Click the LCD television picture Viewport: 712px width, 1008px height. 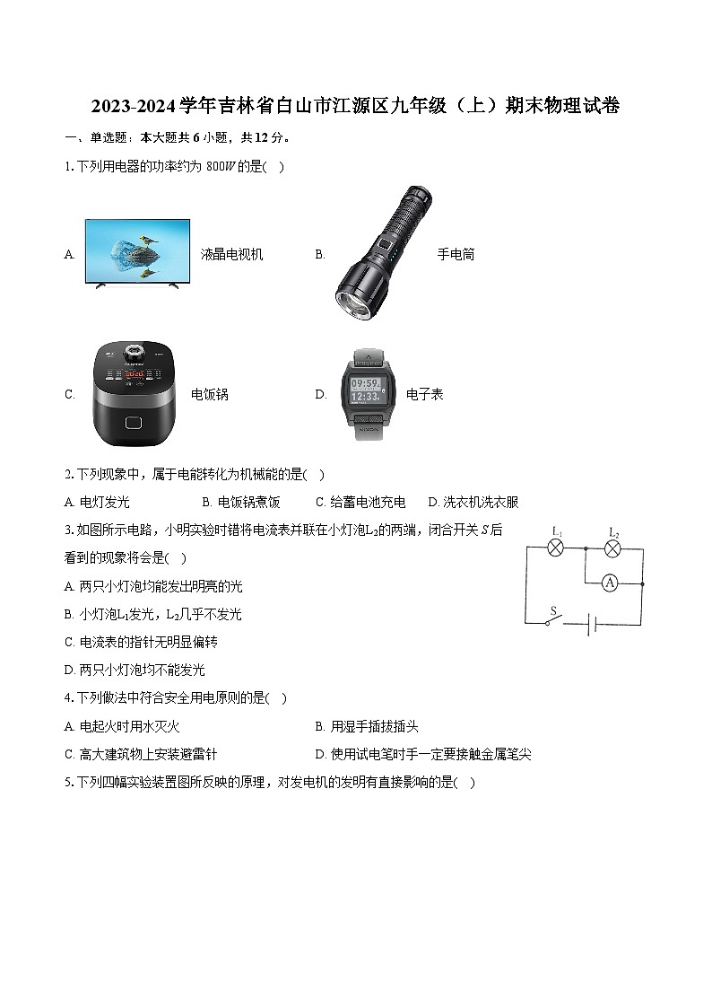click(137, 253)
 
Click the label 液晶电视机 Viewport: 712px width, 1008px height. click(232, 255)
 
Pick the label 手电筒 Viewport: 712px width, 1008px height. click(456, 255)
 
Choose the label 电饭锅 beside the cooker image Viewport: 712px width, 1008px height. click(210, 395)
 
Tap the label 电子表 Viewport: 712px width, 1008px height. click(425, 395)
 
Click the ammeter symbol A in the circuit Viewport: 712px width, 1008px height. click(610, 583)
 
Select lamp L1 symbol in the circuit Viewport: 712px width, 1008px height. click(556, 547)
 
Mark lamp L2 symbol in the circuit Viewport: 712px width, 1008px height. click(613, 548)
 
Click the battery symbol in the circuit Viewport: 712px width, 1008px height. click(593, 625)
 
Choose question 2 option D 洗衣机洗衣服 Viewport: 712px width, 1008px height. click(473, 503)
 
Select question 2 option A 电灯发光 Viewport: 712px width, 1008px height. click(98, 503)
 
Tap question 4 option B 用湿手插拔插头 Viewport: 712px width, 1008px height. click(368, 727)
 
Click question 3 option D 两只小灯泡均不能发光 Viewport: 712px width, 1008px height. click(135, 670)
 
